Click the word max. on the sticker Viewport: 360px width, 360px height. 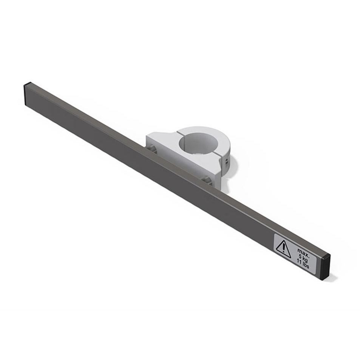(303, 250)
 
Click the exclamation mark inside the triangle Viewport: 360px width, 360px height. (283, 249)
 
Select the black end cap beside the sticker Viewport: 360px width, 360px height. (326, 266)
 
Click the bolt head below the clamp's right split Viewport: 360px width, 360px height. (206, 179)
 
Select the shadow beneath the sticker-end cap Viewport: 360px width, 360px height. (332, 277)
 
